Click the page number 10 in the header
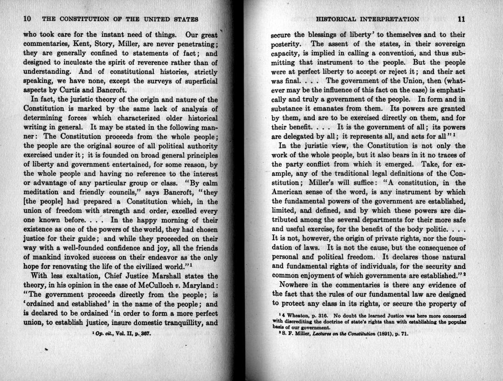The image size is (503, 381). [27, 19]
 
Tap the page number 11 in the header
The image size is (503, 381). [461, 19]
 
